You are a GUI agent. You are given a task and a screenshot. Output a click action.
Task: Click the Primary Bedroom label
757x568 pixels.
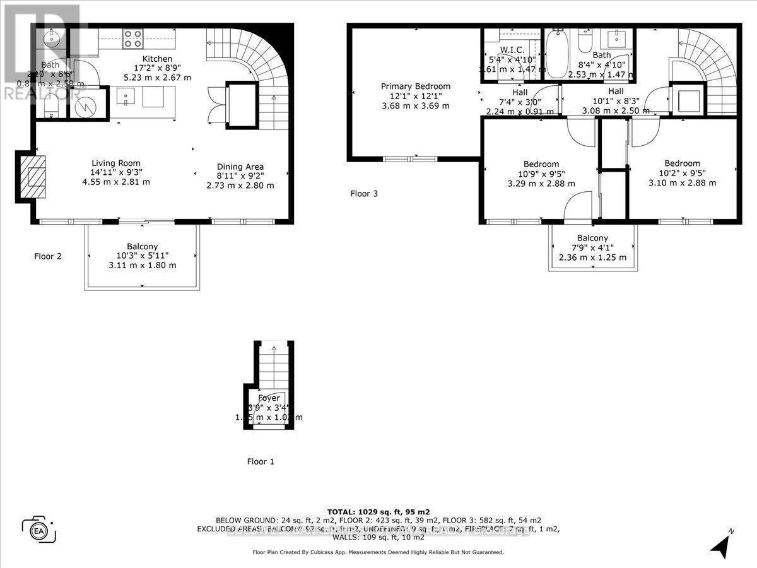416,86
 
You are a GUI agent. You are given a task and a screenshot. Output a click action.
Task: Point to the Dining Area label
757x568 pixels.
240,167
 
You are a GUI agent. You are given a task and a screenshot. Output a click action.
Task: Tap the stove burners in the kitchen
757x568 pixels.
132,38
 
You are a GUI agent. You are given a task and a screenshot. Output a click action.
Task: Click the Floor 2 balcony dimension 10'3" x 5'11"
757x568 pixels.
142,256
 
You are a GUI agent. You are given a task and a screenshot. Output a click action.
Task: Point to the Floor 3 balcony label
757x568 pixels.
592,238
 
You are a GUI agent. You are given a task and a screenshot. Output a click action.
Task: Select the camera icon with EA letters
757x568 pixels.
38,529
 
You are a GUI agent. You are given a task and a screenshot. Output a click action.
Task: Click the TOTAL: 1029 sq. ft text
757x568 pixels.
378,511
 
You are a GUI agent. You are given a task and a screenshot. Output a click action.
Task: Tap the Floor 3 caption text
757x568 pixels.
364,194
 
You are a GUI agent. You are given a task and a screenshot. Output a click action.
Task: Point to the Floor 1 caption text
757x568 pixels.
261,461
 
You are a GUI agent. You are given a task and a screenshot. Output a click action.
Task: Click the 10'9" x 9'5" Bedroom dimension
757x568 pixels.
541,174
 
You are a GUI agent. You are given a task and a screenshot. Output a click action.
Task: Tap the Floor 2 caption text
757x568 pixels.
48,256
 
